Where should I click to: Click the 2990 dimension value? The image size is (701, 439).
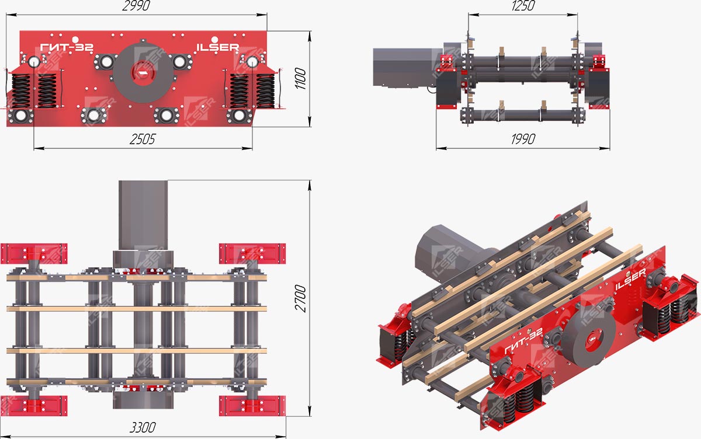pos(136,6)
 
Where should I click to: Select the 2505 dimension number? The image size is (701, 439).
pos(143,139)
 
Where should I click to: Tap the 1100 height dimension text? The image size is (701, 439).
pos(300,78)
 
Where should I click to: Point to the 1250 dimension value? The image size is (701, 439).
pos(523,6)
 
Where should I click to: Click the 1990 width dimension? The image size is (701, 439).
pos(523,139)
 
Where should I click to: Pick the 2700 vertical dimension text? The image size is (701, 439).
pos(300,298)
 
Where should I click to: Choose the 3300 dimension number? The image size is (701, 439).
pos(143,427)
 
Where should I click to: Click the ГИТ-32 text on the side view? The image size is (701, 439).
pos(67,47)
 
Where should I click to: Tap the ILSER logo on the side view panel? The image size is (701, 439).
pos(217,47)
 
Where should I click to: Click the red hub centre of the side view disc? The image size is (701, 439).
pos(143,73)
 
